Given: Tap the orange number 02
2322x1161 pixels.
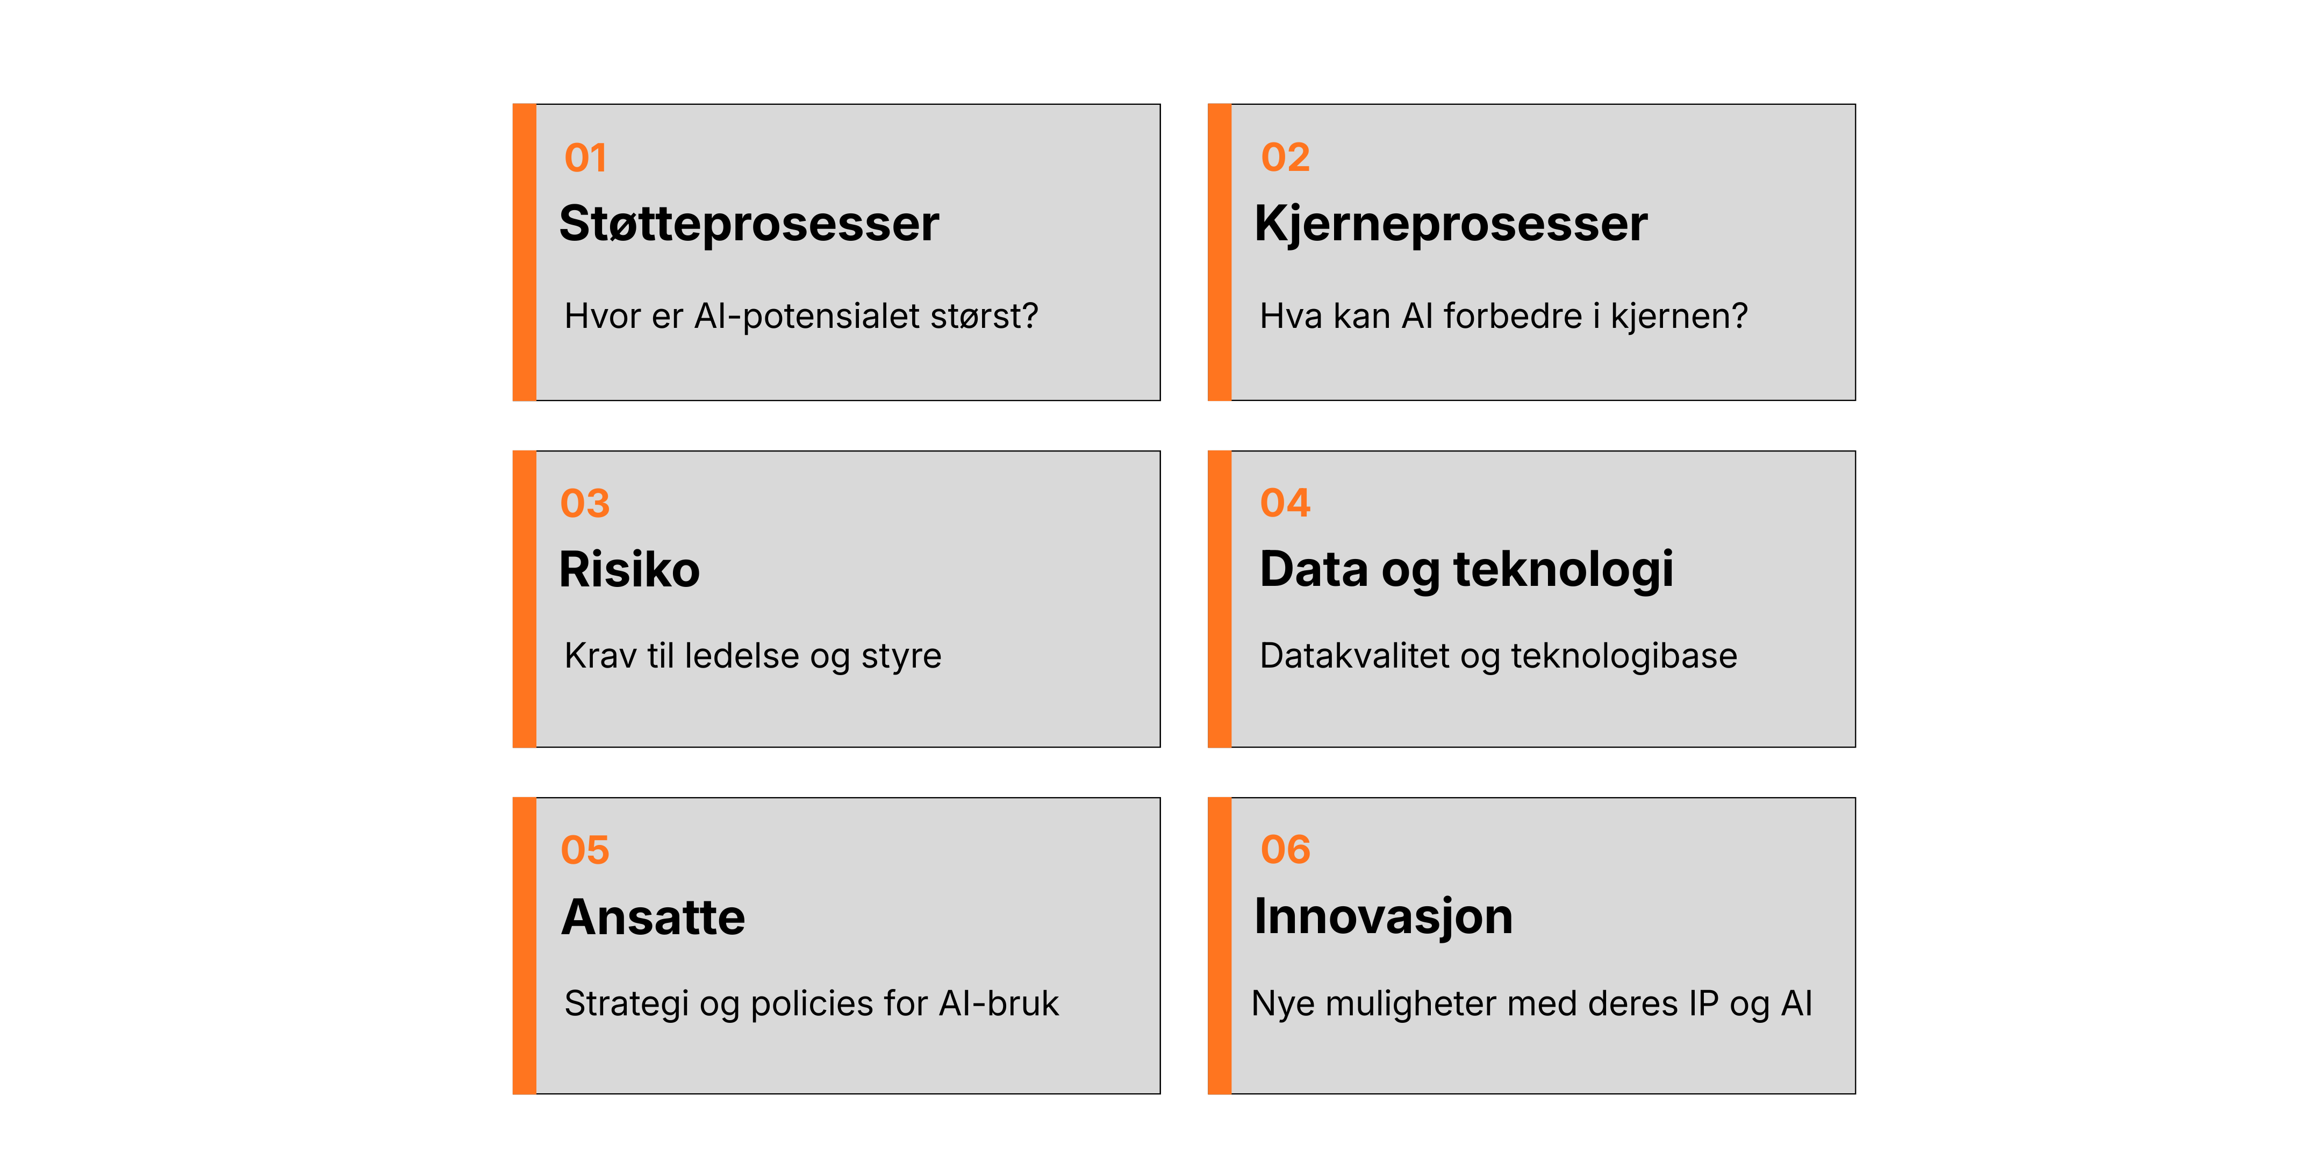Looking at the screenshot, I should pyautogui.click(x=1285, y=157).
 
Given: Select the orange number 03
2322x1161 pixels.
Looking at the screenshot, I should pyautogui.click(x=585, y=503).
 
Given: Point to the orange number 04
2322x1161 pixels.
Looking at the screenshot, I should pyautogui.click(x=1285, y=503).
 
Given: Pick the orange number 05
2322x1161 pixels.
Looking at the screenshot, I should pyautogui.click(x=585, y=850).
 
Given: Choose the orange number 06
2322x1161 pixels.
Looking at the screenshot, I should pyautogui.click(x=1285, y=849).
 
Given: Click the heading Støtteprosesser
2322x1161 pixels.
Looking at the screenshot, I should pyautogui.click(x=749, y=224).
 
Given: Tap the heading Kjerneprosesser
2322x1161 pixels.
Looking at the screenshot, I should pyautogui.click(x=1450, y=224).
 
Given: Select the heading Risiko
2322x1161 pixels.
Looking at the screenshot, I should pyautogui.click(x=629, y=570).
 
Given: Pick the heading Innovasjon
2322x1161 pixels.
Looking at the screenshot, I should pyautogui.click(x=1384, y=917).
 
